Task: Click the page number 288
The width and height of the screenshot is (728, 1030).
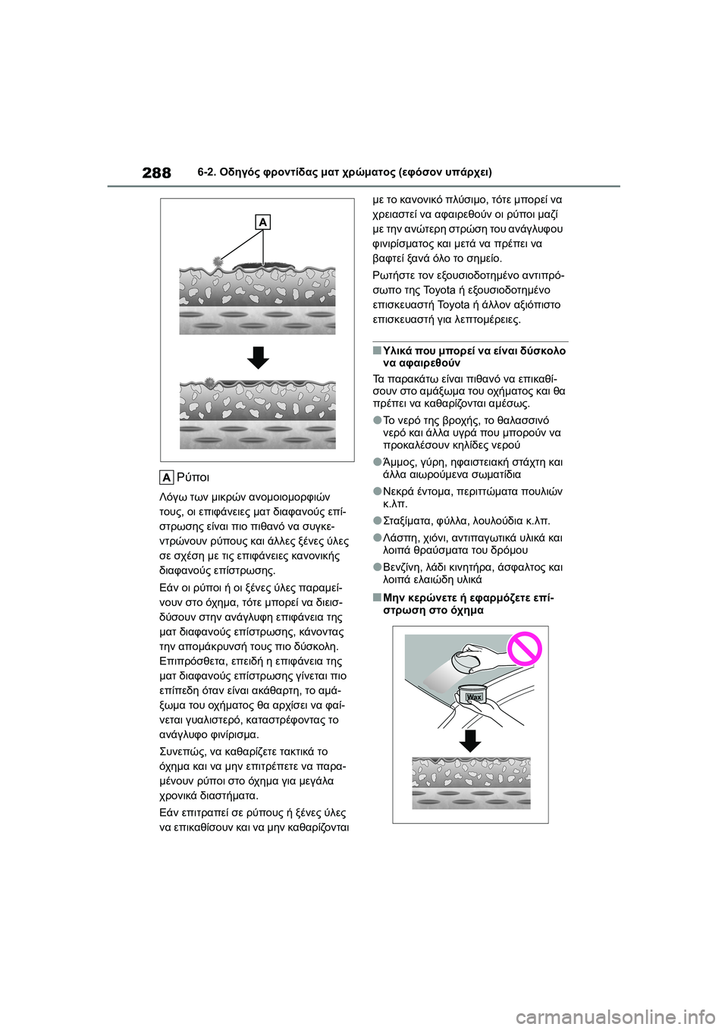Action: [156, 173]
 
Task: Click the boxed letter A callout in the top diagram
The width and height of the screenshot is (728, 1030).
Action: [262, 222]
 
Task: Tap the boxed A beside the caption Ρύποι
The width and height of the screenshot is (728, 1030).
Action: [167, 477]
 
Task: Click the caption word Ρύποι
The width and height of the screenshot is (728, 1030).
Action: [193, 477]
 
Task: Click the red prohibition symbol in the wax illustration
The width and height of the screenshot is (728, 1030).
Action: [524, 649]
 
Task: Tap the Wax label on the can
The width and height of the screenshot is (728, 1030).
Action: [474, 696]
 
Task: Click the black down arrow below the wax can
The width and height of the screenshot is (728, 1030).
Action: [470, 740]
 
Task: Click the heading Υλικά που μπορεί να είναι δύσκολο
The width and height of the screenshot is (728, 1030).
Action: [474, 350]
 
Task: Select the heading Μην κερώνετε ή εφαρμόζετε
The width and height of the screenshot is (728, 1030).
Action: [468, 598]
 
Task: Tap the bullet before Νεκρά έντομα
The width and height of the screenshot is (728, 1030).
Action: [377, 491]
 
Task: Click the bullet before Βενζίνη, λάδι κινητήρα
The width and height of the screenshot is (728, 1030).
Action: [377, 567]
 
